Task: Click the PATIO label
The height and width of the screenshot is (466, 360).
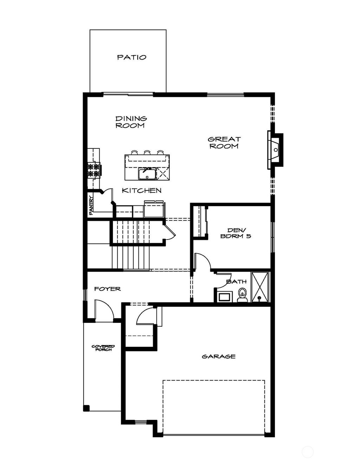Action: [x=131, y=57]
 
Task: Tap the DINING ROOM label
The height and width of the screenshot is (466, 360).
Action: [x=131, y=122]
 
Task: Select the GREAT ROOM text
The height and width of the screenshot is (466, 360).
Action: [x=224, y=142]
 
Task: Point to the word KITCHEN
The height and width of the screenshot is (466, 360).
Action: [x=142, y=191]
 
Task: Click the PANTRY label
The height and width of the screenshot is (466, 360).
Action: [x=91, y=205]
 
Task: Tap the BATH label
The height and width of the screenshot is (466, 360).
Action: [x=236, y=281]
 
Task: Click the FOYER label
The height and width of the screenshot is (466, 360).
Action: [x=107, y=289]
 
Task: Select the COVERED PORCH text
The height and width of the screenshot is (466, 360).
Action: [x=103, y=348]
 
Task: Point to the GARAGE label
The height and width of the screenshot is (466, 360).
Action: [x=218, y=356]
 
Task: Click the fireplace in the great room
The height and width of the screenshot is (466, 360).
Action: [x=276, y=150]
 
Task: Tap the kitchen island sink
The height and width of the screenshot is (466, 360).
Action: [x=147, y=174]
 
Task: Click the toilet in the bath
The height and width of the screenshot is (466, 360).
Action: [x=242, y=295]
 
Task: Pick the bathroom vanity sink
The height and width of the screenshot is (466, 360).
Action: [x=224, y=296]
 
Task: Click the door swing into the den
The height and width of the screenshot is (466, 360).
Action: [x=202, y=261]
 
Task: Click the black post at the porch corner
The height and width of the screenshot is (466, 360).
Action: [x=86, y=408]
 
